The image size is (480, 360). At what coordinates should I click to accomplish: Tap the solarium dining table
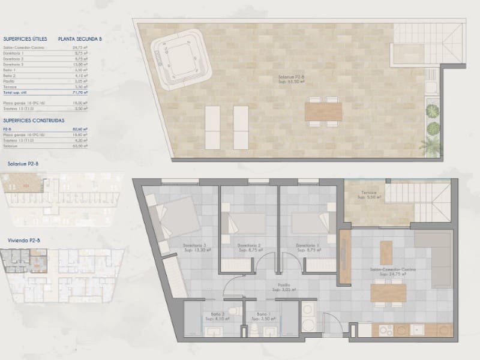(x=323, y=112)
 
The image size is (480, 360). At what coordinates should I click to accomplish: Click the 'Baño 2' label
(x=217, y=314)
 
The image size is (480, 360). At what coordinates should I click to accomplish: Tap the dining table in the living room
(x=388, y=292)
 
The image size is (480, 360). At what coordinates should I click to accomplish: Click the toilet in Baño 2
(x=237, y=310)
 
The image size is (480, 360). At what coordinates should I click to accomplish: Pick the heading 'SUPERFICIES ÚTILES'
(x=25, y=38)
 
